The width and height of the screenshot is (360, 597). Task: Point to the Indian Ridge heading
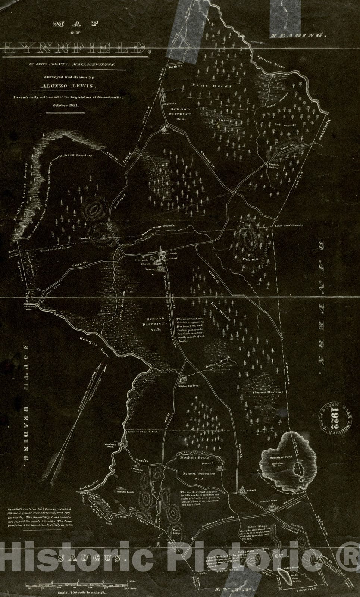(x=261, y=526)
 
